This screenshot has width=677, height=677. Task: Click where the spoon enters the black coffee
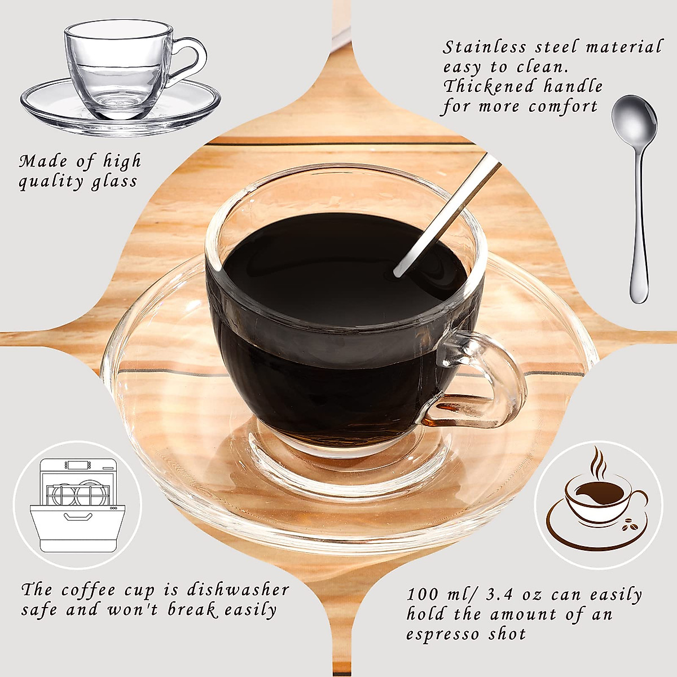tap(397, 272)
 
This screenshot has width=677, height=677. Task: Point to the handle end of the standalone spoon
tap(639, 293)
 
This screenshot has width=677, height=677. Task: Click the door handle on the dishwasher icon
tap(78, 516)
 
